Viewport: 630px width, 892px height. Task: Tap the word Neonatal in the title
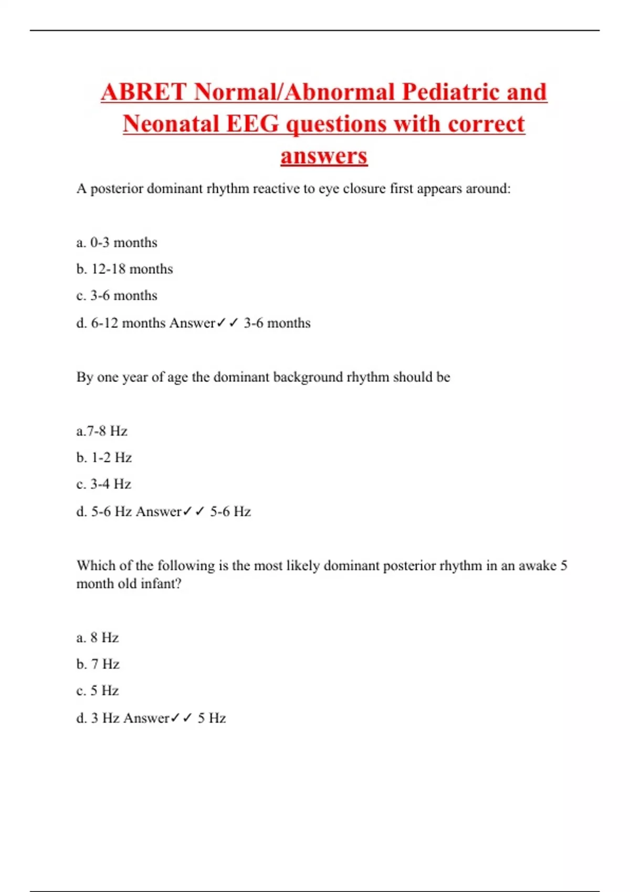(x=171, y=124)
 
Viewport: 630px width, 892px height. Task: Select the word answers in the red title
(x=324, y=156)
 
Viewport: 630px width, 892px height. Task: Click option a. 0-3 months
(x=117, y=242)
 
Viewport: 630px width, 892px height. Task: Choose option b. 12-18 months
(x=124, y=269)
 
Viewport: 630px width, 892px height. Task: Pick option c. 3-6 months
(x=117, y=295)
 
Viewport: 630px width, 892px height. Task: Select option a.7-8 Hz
(x=102, y=431)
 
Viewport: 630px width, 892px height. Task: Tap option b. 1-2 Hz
(x=104, y=458)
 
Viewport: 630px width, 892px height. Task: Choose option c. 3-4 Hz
(x=103, y=484)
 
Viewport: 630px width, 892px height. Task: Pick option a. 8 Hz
(x=98, y=638)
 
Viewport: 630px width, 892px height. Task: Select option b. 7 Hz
(x=98, y=664)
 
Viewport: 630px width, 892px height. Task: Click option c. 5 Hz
(x=98, y=691)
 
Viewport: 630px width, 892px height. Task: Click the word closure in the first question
(x=364, y=189)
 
